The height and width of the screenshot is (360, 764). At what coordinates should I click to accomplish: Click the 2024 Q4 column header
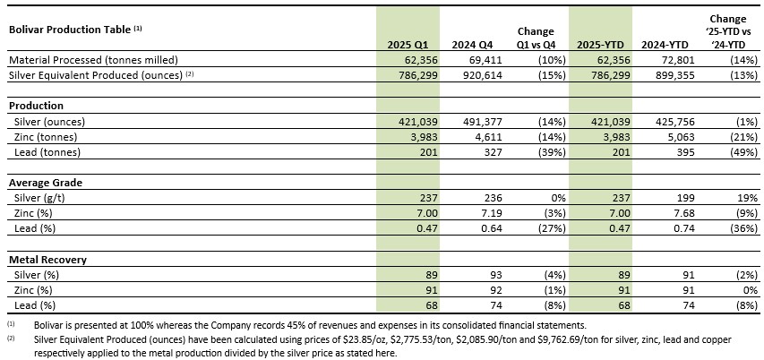(472, 45)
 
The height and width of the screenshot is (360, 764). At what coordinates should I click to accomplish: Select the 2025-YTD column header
(600, 45)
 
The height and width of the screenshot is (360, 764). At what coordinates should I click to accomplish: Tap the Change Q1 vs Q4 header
(536, 38)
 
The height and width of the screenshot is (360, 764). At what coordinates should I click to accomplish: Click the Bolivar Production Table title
(75, 30)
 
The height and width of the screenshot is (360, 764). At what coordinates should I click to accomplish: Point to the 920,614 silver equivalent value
(483, 75)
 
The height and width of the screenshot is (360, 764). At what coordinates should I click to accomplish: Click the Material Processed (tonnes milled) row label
(94, 60)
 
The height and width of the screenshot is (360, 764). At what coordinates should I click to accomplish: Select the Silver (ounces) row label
(47, 122)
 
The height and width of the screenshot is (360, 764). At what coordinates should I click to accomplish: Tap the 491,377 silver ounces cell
(483, 122)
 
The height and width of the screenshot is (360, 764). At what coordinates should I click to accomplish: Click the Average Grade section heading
(46, 184)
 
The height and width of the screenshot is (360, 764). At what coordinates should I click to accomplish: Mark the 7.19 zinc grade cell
(491, 213)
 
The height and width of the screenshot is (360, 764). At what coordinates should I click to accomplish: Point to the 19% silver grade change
(749, 198)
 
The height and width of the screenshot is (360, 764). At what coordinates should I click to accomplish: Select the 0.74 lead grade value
(684, 229)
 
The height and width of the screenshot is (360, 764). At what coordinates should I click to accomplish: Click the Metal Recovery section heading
(48, 260)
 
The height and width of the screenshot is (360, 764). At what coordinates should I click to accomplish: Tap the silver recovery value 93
(496, 275)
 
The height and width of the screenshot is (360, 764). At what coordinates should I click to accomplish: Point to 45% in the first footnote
(335, 324)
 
